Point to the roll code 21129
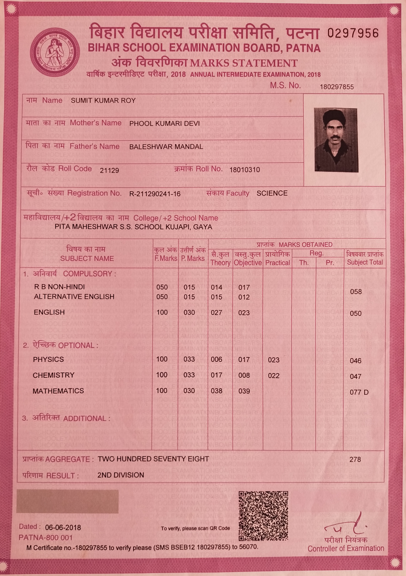[x=109, y=171]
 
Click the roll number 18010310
[x=244, y=170]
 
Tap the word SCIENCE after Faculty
[x=272, y=193]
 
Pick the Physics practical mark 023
[x=274, y=360]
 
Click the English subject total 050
[x=356, y=313]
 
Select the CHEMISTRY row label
[x=53, y=375]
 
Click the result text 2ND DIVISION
[x=121, y=475]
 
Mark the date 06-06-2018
[x=63, y=528]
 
